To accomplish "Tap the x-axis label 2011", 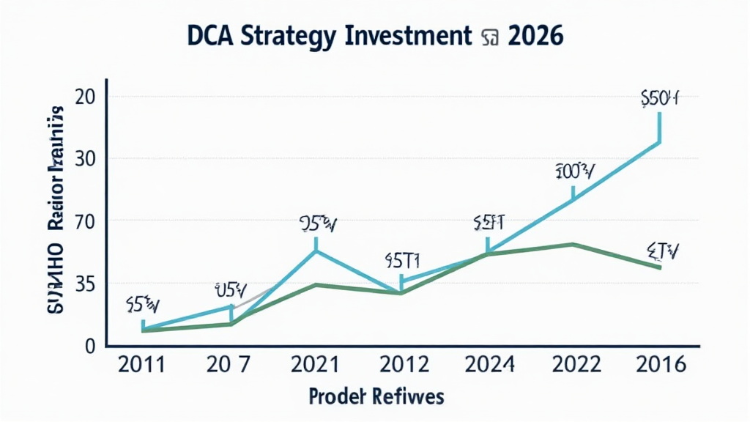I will (142, 365).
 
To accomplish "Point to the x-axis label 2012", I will (401, 365).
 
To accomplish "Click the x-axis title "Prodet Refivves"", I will (376, 396).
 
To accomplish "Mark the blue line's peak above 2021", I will (316, 251).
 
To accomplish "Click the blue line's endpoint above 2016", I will (660, 142).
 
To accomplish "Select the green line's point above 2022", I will (573, 244).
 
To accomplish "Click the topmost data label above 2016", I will (659, 99).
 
